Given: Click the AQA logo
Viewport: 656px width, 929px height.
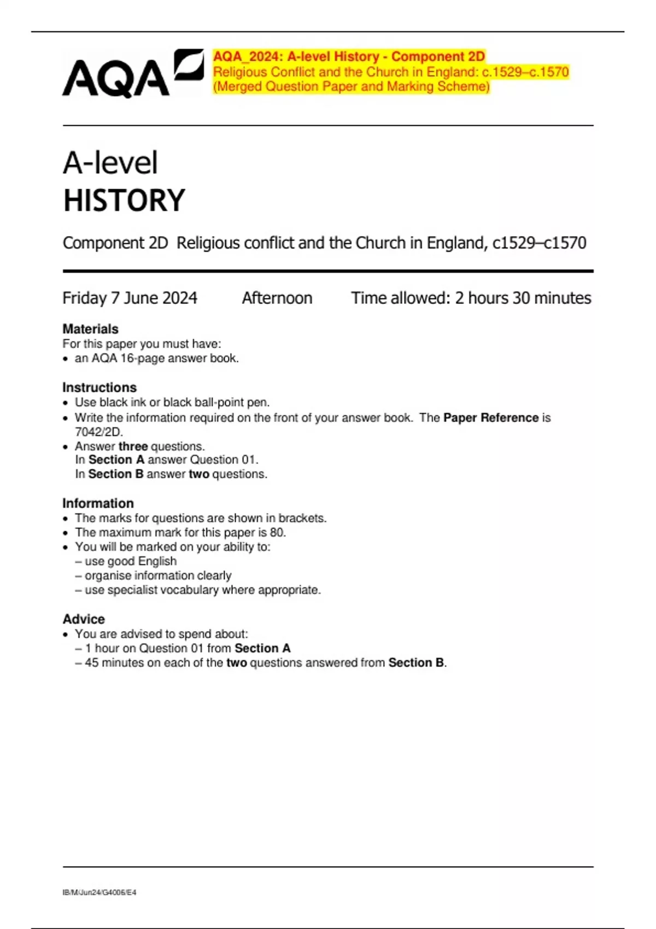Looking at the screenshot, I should pos(133,74).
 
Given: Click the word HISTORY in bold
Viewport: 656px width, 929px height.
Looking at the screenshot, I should pos(124,201).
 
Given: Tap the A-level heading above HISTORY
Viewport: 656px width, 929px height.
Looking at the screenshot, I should pos(110,163).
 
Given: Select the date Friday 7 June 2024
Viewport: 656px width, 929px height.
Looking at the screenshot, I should pos(130,298).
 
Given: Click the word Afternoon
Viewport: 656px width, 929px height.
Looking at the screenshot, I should pos(277,298).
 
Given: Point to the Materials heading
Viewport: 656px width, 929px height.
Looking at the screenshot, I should pos(90,329).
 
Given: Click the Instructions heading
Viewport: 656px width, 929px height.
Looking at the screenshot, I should pos(99,387).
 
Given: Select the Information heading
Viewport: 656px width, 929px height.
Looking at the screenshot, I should pos(98,503).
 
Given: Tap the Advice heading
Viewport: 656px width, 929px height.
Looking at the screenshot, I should pos(84,619).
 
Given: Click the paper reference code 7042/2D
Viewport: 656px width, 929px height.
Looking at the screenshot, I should pos(98,432).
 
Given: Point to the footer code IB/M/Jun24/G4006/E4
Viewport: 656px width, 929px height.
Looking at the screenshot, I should pos(99,892).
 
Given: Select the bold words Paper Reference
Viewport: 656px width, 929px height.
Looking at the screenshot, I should pos(491,418).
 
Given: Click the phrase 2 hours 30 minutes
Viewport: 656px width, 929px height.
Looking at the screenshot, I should pos(523,298).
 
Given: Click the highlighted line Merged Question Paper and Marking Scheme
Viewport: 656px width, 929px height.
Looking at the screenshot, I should pos(351,86).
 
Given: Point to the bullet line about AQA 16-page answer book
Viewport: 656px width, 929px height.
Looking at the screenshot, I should pos(156,358).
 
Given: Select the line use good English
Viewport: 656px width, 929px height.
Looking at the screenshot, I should pos(130,561).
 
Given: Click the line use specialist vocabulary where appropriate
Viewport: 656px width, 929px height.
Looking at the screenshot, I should pos(202,590).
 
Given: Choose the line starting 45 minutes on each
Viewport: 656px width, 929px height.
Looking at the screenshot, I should pos(265,663).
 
